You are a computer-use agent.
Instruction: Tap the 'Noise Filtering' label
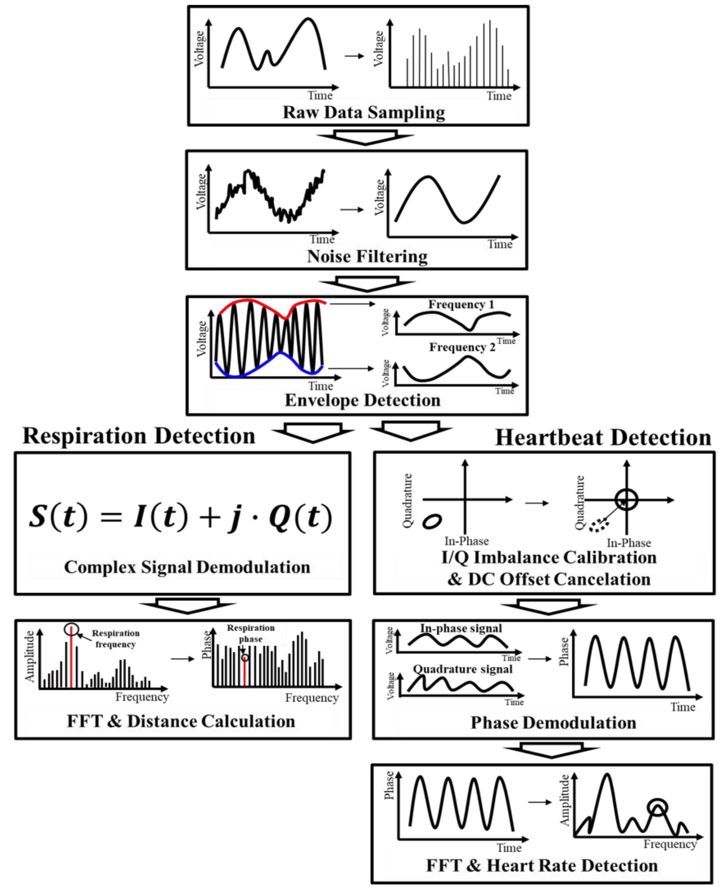click(367, 257)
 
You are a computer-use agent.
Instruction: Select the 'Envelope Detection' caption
click(362, 400)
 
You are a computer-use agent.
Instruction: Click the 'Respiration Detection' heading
click(139, 436)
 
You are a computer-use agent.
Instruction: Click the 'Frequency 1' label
click(461, 304)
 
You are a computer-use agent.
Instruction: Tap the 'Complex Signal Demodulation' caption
click(187, 567)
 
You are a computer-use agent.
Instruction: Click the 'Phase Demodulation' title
click(553, 722)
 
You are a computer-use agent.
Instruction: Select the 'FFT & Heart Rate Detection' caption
click(542, 866)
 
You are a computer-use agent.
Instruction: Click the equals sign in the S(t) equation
click(111, 518)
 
